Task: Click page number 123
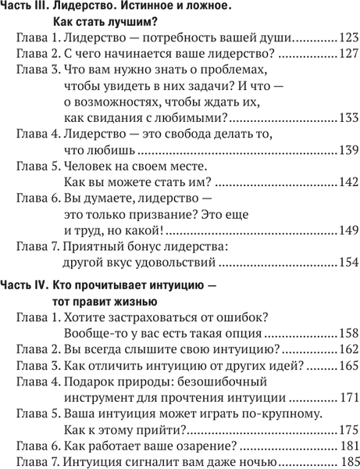click(x=348, y=38)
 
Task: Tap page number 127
click(x=348, y=55)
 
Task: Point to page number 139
click(x=348, y=150)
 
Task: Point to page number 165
click(x=348, y=366)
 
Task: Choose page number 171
click(x=348, y=399)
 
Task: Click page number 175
click(x=348, y=431)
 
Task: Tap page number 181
click(x=348, y=448)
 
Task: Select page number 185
click(x=348, y=464)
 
